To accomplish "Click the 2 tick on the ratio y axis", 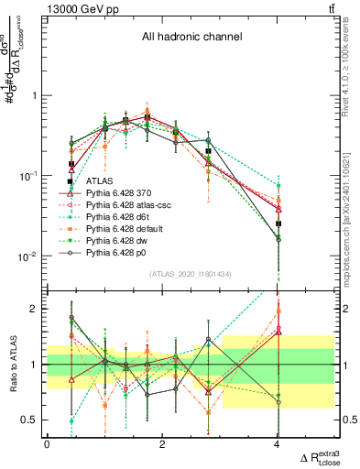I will [34, 309].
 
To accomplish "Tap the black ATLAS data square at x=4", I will [278, 224].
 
